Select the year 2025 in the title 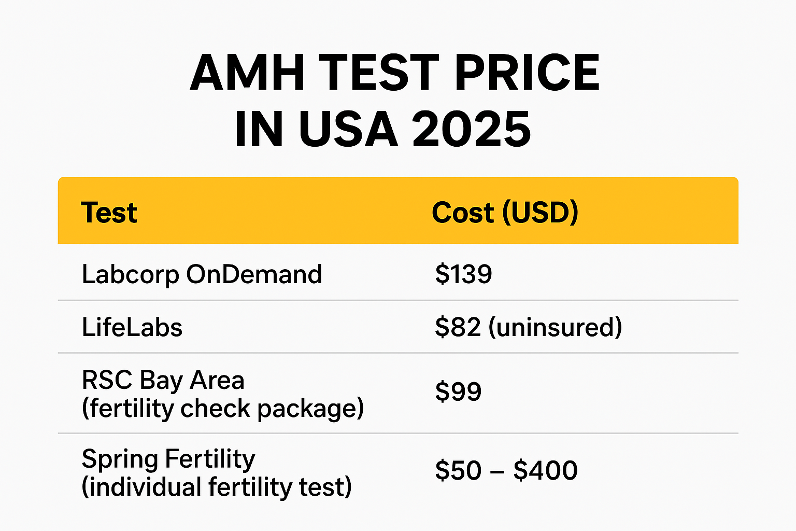[472, 129]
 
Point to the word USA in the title [348, 129]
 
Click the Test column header [109, 213]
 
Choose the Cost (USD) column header [505, 213]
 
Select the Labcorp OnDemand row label [202, 274]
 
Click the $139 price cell [463, 274]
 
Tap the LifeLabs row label [132, 328]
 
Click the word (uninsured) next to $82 [555, 328]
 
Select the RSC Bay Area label [163, 380]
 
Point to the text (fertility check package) [223, 409]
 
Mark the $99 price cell [458, 392]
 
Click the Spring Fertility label [168, 459]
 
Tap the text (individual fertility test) [217, 487]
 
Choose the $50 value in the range [458, 470]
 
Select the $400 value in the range [545, 470]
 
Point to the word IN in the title [259, 129]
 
